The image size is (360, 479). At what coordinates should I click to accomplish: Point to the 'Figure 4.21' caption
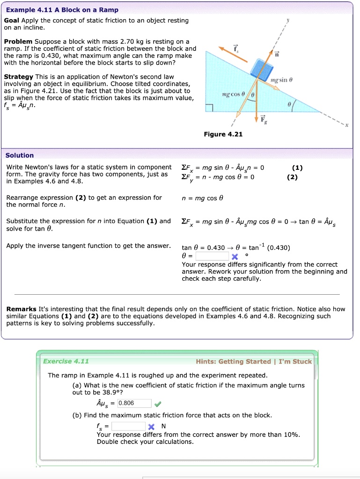(223, 134)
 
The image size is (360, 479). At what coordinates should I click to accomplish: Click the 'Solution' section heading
(20, 155)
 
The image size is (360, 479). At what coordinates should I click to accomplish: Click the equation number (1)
(297, 167)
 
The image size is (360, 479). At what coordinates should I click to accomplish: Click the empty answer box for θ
(212, 256)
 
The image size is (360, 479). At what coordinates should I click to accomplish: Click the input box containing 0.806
(134, 403)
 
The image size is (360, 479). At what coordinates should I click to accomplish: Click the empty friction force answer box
(128, 426)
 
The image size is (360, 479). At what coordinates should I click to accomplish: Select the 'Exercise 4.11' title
(66, 361)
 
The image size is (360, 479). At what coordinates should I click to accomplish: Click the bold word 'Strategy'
(18, 77)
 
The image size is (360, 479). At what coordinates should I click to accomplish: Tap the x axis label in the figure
(347, 126)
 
